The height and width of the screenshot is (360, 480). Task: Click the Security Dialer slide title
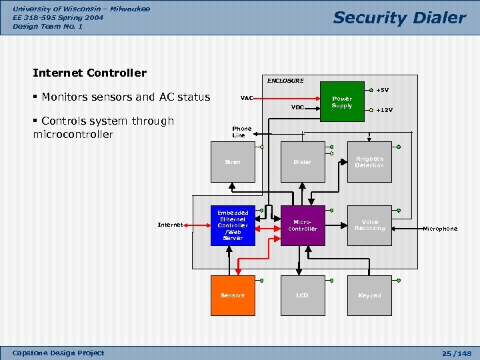click(399, 18)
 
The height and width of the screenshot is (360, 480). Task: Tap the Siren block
click(233, 162)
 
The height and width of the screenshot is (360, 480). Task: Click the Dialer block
click(303, 162)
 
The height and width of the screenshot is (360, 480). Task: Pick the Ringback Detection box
click(369, 162)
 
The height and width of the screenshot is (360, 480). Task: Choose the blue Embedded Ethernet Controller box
click(233, 225)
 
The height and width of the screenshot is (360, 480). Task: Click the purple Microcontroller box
click(303, 225)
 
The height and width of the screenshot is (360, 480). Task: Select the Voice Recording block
click(369, 225)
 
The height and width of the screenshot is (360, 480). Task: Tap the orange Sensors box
click(233, 295)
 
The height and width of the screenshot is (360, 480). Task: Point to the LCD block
click(303, 295)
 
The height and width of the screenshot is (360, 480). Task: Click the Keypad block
click(369, 295)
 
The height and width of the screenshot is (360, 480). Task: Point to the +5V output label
click(383, 90)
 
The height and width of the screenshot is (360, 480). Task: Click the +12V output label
click(384, 111)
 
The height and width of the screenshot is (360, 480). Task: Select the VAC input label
click(247, 98)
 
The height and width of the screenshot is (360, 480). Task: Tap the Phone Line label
click(241, 132)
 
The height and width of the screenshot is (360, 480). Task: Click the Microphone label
click(440, 229)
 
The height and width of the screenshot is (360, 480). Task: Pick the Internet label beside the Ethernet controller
click(170, 225)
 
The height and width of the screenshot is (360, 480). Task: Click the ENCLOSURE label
click(285, 81)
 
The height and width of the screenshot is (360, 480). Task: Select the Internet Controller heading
click(89, 73)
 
